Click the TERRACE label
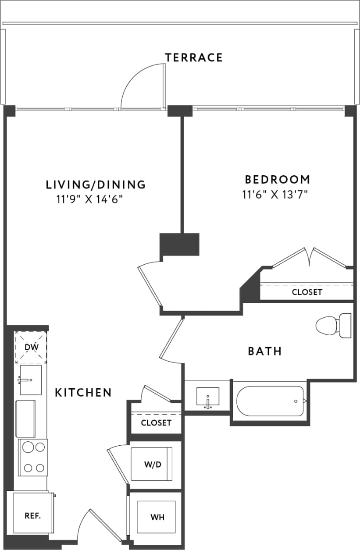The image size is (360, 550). pyautogui.click(x=193, y=57)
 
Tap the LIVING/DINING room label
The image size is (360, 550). pyautogui.click(x=96, y=185)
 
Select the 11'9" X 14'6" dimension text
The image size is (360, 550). pyautogui.click(x=89, y=200)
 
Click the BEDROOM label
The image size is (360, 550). pyautogui.click(x=277, y=179)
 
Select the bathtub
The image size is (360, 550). pyautogui.click(x=271, y=401)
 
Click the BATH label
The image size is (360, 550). pyautogui.click(x=264, y=351)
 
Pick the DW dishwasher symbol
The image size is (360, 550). pyautogui.click(x=31, y=348)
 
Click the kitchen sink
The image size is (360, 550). pyautogui.click(x=31, y=380)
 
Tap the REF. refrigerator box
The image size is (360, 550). pyautogui.click(x=32, y=515)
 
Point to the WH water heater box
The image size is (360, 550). pyautogui.click(x=157, y=517)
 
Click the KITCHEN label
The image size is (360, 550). pyautogui.click(x=83, y=392)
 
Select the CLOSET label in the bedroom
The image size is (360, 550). pyautogui.click(x=307, y=292)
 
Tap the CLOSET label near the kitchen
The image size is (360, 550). pyautogui.click(x=156, y=423)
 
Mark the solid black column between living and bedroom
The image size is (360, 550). pyautogui.click(x=179, y=244)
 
